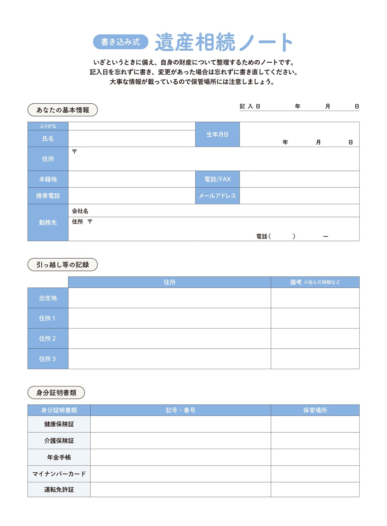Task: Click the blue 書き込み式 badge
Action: click(x=121, y=42)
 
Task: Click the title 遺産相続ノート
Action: click(x=224, y=42)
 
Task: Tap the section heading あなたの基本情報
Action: click(x=63, y=110)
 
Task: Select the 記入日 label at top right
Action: click(x=250, y=106)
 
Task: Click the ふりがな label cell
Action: click(x=48, y=126)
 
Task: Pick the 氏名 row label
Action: click(x=48, y=139)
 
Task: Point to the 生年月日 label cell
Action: click(x=217, y=134)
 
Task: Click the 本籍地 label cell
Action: click(x=48, y=179)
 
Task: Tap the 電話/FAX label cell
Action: click(x=217, y=179)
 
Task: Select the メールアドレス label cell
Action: click(x=217, y=196)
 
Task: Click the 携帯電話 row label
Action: click(x=48, y=196)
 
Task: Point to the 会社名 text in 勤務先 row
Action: click(x=80, y=211)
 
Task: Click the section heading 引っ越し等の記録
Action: click(x=63, y=265)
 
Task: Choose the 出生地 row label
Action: click(x=48, y=298)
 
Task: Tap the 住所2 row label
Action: click(x=47, y=339)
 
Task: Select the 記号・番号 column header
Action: click(x=181, y=410)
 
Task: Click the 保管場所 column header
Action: click(x=315, y=410)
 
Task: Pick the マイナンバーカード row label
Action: click(x=59, y=474)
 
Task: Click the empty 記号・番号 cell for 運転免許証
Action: click(x=181, y=490)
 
